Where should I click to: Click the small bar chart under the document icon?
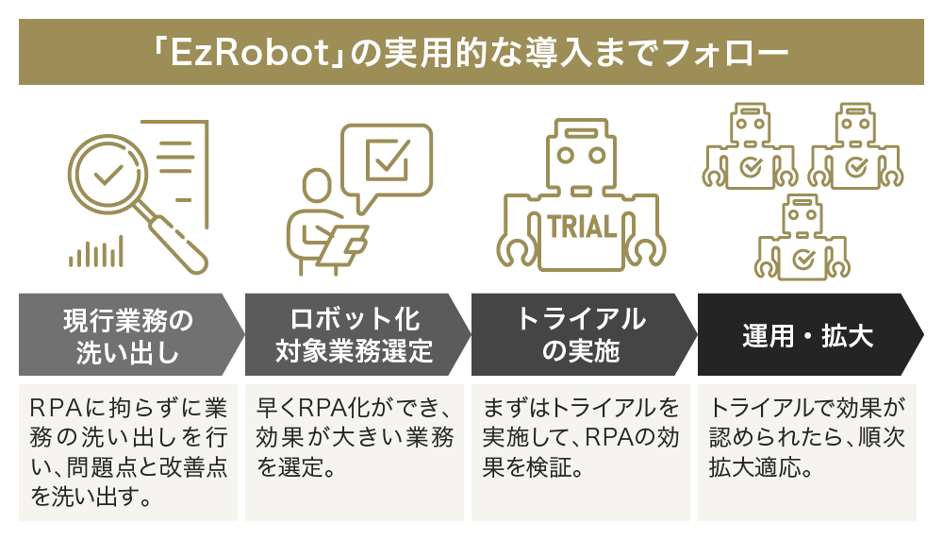[x=95, y=252]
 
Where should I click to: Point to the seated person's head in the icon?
[x=316, y=187]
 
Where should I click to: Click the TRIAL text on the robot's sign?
[x=581, y=227]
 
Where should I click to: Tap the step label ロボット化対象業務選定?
[x=354, y=335]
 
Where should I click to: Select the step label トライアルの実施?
[x=581, y=335]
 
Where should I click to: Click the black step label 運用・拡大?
[x=806, y=335]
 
